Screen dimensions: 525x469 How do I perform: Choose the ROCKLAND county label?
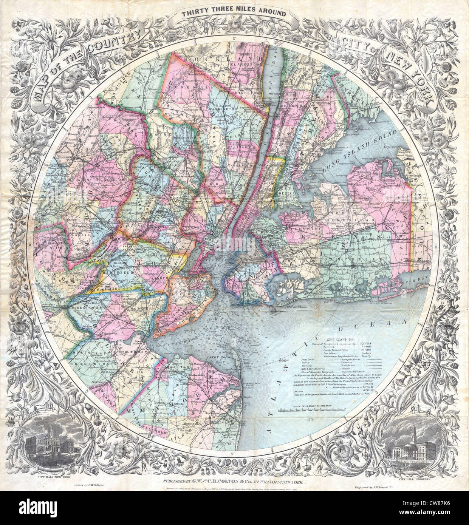pyautogui.click(x=221, y=60)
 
